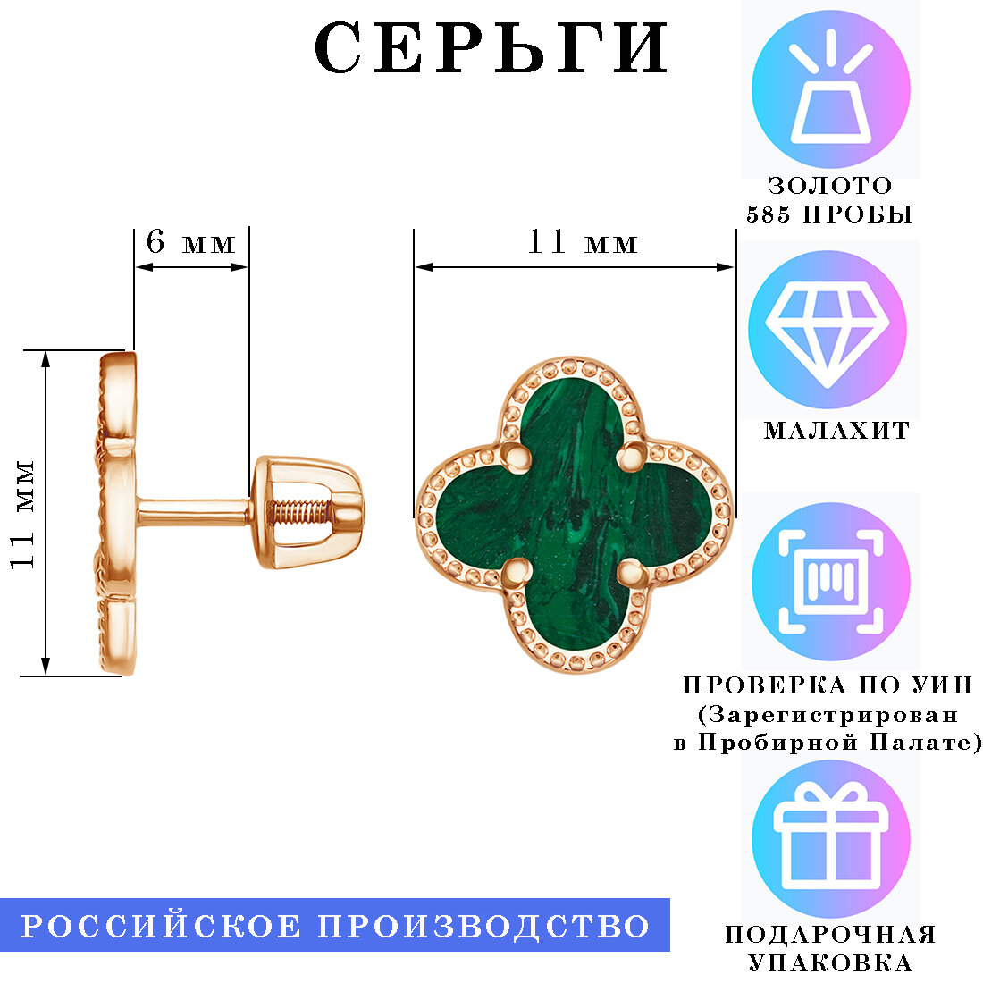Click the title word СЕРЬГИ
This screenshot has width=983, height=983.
pyautogui.click(x=491, y=48)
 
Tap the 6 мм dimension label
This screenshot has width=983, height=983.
pyautogui.click(x=190, y=242)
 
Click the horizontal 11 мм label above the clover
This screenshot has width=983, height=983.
pyautogui.click(x=582, y=242)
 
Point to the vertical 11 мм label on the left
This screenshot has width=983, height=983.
pyautogui.click(x=23, y=514)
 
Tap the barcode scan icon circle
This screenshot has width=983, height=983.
pyautogui.click(x=830, y=582)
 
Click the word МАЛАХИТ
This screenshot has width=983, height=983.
pyautogui.click(x=836, y=431)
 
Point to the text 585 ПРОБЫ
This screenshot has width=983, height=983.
pyautogui.click(x=829, y=215)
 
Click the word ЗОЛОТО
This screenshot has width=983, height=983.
pyautogui.click(x=830, y=186)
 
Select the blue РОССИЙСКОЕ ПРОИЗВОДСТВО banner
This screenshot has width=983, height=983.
pyautogui.click(x=335, y=926)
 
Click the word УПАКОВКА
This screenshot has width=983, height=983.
pyautogui.click(x=830, y=963)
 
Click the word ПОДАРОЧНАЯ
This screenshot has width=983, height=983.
pyautogui.click(x=830, y=935)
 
